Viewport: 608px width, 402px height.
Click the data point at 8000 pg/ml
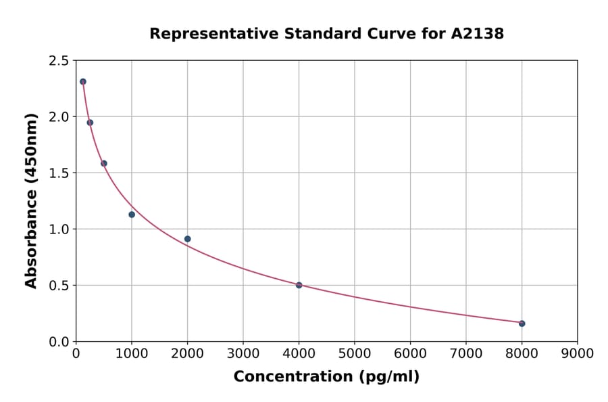pos(522,323)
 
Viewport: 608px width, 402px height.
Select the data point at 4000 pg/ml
pos(299,285)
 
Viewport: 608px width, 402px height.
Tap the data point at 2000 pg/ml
pos(187,239)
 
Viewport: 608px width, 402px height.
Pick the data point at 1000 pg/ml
pos(132,215)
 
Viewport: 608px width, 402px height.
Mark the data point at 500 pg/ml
pos(104,163)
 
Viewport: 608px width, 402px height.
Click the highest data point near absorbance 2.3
pos(83,81)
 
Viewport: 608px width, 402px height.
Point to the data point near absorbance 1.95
pos(90,122)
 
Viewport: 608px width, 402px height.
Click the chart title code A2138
pos(477,34)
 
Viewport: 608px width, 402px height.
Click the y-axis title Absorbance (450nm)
pos(31,200)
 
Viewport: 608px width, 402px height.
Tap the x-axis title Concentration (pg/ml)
pos(326,377)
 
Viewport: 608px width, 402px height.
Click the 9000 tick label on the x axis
pos(577,353)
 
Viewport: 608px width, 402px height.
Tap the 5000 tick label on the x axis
pos(354,353)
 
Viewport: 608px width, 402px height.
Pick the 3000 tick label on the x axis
pos(243,353)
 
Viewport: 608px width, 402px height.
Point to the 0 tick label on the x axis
pos(76,353)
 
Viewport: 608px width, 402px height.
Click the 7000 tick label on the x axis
pos(465,353)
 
